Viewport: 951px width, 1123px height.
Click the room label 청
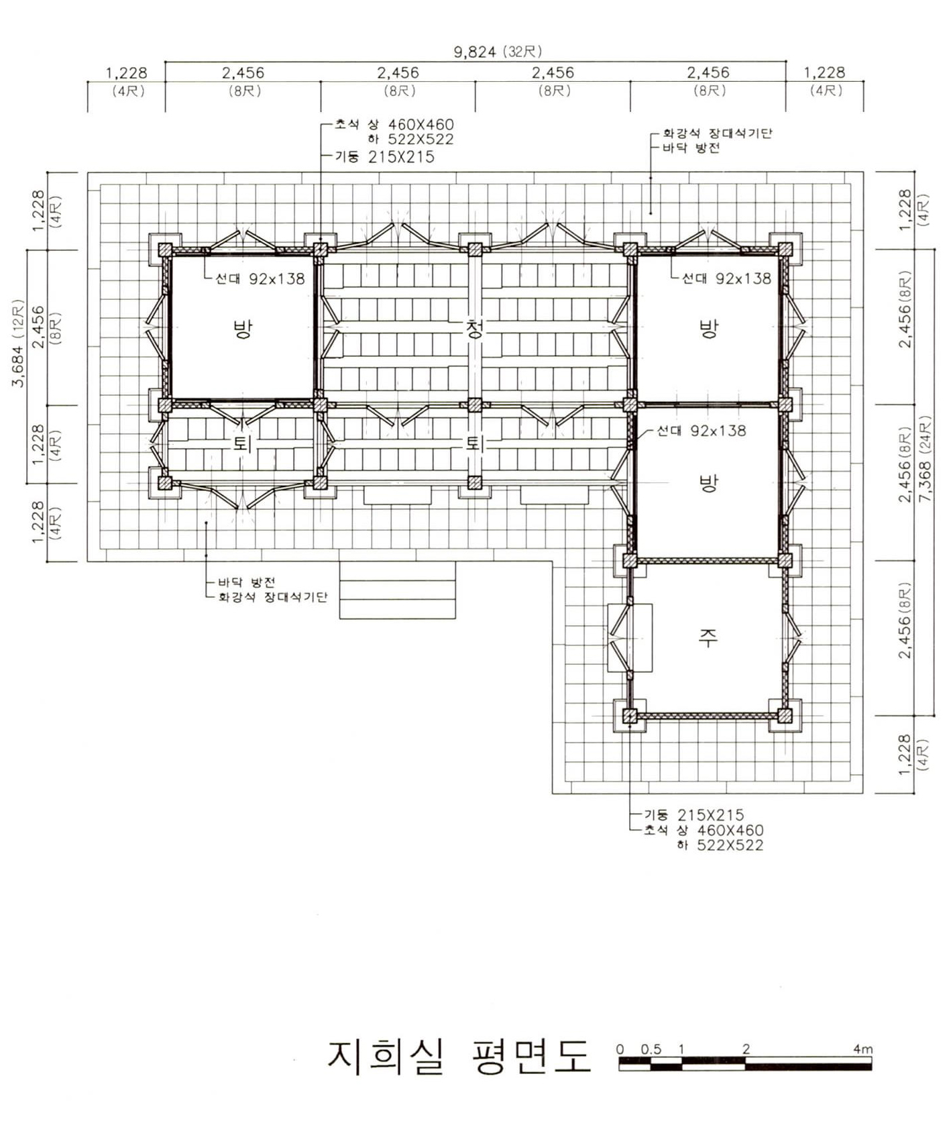tap(475, 329)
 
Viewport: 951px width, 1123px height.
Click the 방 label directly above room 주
tap(708, 483)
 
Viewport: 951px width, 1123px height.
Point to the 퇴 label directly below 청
tap(475, 443)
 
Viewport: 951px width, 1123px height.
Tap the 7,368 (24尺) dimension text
tap(926, 463)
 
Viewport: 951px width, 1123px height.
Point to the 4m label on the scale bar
tap(863, 1049)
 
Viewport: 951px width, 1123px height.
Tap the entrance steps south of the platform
tap(398, 590)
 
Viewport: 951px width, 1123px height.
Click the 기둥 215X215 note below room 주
tap(694, 815)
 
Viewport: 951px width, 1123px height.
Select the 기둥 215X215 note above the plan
tap(385, 157)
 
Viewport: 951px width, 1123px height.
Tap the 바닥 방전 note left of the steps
tap(246, 582)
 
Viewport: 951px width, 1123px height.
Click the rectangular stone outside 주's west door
tap(630, 637)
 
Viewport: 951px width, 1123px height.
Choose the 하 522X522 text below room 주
tap(720, 845)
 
